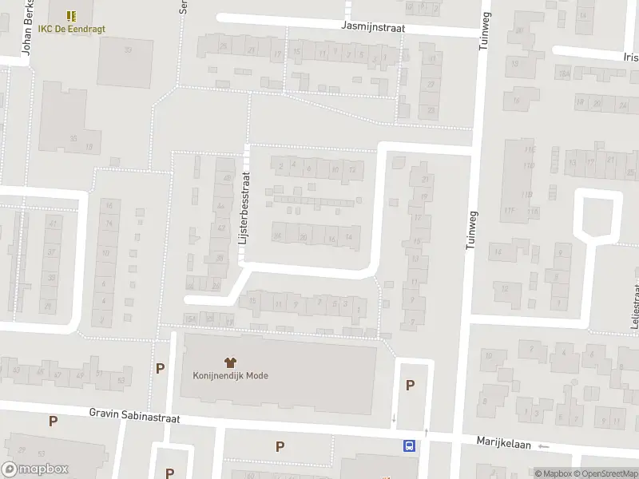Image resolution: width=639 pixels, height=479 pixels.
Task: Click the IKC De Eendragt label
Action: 71,30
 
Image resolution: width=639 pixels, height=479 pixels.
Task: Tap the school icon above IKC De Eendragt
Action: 71,15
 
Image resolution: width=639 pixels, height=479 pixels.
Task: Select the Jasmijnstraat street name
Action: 372,26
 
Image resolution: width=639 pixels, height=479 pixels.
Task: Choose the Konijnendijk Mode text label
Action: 230,376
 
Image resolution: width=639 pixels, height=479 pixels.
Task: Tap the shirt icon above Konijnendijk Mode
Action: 230,362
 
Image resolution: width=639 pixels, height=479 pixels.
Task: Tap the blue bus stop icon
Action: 410,445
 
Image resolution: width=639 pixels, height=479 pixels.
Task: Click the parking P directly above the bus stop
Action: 410,385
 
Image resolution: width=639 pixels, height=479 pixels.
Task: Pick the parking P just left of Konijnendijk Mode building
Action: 160,369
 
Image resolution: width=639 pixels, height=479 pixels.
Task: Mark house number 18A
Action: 564,73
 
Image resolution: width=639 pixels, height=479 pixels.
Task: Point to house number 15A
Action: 189,319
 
